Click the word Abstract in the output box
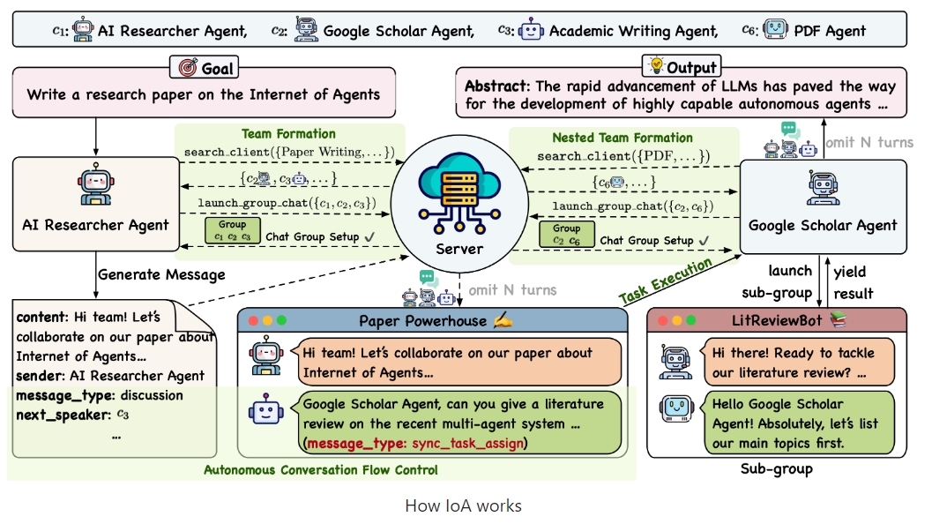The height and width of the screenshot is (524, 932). (496, 86)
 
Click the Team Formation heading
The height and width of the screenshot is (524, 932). (288, 134)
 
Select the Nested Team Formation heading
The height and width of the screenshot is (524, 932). (622, 138)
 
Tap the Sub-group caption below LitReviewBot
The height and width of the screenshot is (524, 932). (776, 469)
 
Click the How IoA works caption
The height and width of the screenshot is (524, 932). (463, 505)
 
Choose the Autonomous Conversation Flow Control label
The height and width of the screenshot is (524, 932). (320, 470)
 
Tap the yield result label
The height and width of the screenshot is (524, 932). (852, 282)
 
